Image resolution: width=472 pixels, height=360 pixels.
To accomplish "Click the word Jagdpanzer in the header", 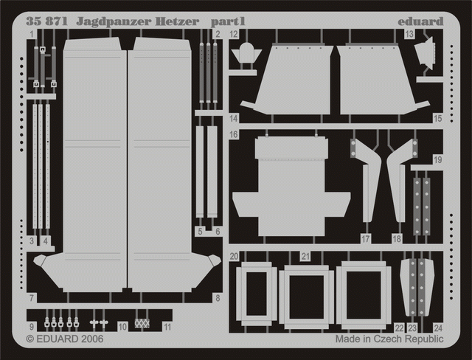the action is pos(114,21).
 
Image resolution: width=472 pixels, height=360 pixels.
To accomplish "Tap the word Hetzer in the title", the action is pos(177,21).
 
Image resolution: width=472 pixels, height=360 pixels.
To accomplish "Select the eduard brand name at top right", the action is pos(420,21).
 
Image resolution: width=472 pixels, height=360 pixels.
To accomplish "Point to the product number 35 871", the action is pos(47,21).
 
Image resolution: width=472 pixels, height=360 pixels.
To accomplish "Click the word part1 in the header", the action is pos(228,21).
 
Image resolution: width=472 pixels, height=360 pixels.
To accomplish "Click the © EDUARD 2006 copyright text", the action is pos(65,339).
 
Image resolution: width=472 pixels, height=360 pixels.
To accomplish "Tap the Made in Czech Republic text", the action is pos(389,339).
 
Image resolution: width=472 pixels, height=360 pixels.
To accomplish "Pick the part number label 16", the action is pos(234,134).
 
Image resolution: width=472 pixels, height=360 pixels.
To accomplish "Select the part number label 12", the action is pos(234,34).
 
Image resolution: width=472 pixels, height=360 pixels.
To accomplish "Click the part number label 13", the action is pos(409,34).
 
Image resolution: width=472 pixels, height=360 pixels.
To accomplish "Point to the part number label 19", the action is pos(437,159).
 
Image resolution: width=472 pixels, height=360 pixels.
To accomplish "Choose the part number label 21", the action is pos(305,256).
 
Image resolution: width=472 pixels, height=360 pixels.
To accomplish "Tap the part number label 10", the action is pos(122,327).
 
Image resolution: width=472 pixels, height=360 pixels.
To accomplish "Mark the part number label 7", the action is pos(32,298).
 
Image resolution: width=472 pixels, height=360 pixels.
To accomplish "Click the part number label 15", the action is pos(437,118).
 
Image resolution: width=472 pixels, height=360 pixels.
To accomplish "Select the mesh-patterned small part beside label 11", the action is pos(142,323).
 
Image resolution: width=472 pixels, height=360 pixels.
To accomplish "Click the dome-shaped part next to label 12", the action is pos(246,53).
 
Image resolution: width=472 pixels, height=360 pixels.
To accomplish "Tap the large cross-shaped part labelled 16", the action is pos(291,186).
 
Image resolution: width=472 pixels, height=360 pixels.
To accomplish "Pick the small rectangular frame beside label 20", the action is pos(257,294).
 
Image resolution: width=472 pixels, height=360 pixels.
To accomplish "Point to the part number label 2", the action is pos(218,34).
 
